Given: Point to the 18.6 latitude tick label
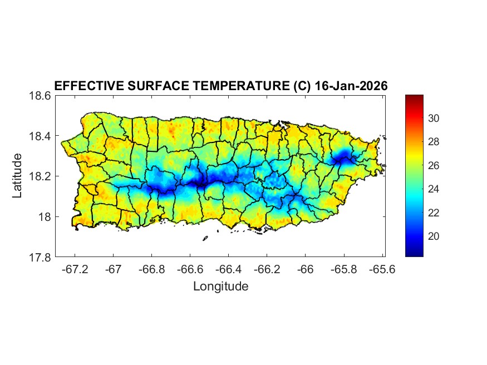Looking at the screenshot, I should [40, 96].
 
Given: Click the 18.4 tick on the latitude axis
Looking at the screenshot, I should [40, 136].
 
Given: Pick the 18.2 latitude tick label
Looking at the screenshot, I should [40, 176].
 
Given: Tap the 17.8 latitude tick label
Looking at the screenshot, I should [40, 258].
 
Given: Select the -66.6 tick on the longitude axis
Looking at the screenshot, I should [190, 269].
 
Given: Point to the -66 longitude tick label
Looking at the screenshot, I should [306, 269].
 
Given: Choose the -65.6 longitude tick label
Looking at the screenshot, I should [382, 269].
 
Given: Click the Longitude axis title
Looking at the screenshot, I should [220, 287].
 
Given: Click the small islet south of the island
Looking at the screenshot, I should [205, 239].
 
